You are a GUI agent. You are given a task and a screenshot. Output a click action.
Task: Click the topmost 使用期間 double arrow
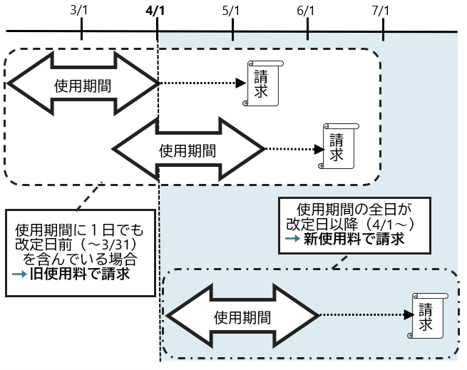82,84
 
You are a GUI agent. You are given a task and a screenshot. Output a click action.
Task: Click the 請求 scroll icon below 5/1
263,83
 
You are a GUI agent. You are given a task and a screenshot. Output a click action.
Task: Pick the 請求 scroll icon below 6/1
337,145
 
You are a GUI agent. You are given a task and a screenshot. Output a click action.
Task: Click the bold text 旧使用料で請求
85,274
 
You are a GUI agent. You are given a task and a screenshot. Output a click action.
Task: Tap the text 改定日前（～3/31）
78,244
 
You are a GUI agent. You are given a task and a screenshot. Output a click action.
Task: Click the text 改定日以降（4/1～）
354,224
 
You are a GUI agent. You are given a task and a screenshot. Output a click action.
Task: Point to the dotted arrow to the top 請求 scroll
202,83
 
